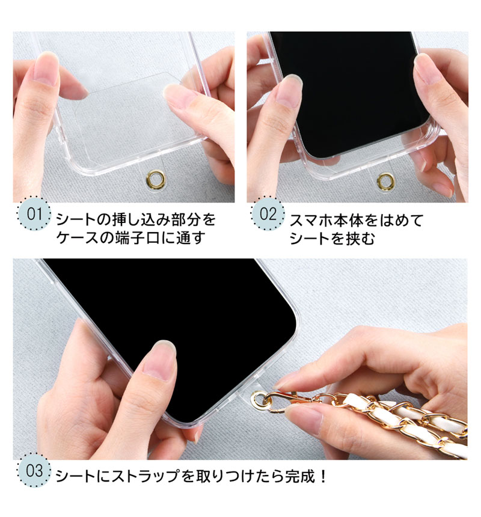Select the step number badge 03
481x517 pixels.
34,470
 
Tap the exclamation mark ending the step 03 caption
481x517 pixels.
323,476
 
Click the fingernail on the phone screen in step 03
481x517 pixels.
161,359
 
